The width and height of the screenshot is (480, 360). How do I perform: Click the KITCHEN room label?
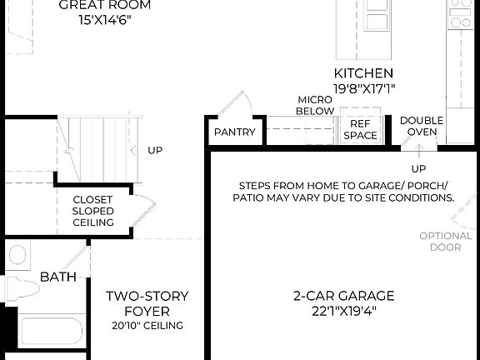(363, 73)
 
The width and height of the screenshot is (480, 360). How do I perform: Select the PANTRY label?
(234, 132)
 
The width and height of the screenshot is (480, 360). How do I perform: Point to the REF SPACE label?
(360, 129)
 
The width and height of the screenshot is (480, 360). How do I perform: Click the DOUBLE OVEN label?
(421, 126)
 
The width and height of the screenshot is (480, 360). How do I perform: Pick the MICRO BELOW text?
(316, 105)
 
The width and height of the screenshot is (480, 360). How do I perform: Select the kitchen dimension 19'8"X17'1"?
(363, 87)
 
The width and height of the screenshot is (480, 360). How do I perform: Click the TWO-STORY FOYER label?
(147, 303)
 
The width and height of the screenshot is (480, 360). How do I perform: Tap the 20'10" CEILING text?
(147, 325)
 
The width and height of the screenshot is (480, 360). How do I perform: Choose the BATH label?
(57, 277)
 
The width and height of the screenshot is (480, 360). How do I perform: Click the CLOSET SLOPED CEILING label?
(93, 211)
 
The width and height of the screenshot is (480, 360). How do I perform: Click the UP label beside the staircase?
(155, 151)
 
